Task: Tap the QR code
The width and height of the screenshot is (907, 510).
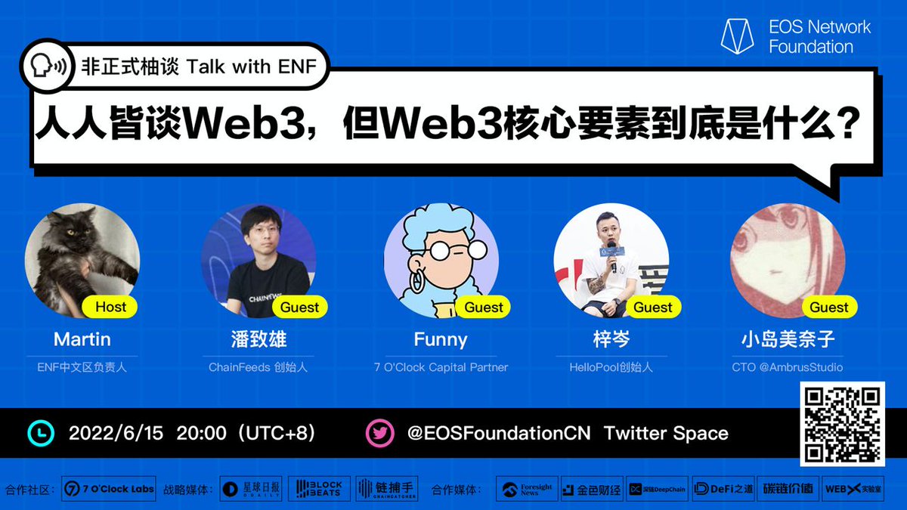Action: [842, 424]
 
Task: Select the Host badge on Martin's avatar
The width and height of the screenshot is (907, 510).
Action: [111, 307]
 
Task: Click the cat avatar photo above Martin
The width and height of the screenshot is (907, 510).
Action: [82, 261]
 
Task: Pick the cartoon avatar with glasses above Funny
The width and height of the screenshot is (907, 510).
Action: [441, 261]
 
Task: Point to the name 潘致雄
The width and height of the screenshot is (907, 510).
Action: [258, 339]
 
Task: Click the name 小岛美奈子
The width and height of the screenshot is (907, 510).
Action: [788, 339]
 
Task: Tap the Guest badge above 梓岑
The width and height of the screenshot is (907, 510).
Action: [653, 307]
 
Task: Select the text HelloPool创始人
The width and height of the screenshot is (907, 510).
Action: [611, 367]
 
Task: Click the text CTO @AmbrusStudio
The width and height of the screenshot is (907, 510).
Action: [788, 367]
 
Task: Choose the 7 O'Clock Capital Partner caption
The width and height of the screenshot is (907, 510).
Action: [441, 367]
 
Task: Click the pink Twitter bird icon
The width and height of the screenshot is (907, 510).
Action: [379, 433]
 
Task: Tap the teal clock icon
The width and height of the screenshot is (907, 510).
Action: [41, 433]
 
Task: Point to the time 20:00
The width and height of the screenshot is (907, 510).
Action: [201, 433]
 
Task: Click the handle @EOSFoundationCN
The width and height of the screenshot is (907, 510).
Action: [500, 433]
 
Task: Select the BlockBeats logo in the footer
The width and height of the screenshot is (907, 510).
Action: [318, 489]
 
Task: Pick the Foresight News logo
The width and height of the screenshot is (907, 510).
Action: [527, 489]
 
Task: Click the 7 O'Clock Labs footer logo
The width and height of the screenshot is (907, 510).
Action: [109, 489]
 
